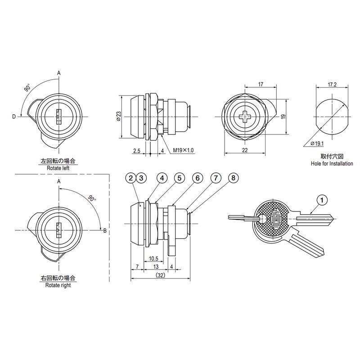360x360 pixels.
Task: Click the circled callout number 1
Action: (322, 200)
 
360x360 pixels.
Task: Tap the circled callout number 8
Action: (233, 178)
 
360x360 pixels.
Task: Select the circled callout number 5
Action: (179, 178)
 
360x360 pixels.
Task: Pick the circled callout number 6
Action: (198, 178)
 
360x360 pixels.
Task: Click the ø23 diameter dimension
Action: (118, 117)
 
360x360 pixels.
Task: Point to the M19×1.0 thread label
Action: (183, 150)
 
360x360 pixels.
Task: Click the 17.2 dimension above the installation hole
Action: (332, 85)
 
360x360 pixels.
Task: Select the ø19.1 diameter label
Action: (317, 144)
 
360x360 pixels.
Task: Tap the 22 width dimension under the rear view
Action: (245, 150)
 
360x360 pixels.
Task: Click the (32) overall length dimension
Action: (160, 275)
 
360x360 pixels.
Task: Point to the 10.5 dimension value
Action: (153, 259)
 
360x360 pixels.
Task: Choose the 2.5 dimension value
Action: (137, 151)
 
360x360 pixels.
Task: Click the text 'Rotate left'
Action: (58, 168)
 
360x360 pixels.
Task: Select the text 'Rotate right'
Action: (58, 285)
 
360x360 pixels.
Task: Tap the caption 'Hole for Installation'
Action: (332, 164)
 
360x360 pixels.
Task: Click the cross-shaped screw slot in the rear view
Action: (245, 117)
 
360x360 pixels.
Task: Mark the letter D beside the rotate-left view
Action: (14, 117)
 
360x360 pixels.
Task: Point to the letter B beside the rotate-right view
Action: (105, 231)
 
